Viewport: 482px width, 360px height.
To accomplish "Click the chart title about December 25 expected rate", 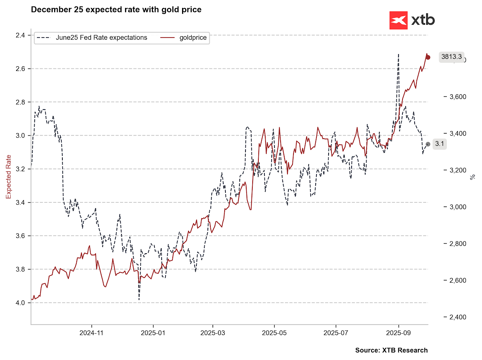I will point(116,10).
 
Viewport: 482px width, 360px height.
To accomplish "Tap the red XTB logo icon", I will point(399,20).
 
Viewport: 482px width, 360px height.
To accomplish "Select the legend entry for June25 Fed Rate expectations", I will point(92,38).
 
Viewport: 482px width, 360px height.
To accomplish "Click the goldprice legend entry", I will point(183,38).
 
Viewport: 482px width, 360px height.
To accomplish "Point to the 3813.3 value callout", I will point(452,57).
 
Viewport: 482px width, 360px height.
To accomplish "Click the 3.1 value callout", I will point(439,144).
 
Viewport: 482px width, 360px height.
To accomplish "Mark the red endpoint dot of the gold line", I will point(428,57).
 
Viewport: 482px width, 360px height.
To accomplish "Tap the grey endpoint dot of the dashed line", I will point(428,144).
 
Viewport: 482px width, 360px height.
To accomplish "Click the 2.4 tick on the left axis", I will point(20,35).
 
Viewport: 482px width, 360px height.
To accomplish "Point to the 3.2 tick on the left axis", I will point(20,169).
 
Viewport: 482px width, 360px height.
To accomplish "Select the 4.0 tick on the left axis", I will point(20,303).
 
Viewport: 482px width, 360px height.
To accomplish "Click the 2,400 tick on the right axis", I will point(458,317).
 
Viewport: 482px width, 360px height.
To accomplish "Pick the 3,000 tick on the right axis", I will point(458,207).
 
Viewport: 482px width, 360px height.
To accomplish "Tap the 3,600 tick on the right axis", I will point(458,97).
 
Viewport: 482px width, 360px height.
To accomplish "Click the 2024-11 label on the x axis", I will point(91,333).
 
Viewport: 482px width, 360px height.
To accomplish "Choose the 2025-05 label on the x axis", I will point(274,333).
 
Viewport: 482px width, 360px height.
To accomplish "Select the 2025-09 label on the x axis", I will point(398,333).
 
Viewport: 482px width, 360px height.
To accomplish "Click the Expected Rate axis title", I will point(9,177).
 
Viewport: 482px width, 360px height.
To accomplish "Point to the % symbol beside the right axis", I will point(473,177).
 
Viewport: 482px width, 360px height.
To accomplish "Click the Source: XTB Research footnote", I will point(391,350).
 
